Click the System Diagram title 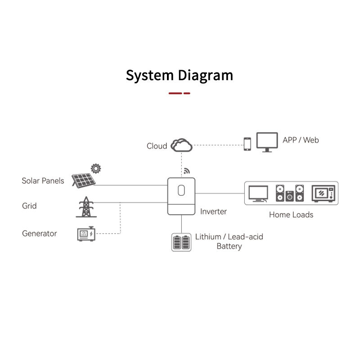click(180, 75)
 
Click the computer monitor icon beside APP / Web click(267, 141)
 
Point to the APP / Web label click(301, 140)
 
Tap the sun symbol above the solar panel click(95, 169)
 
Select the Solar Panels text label click(43, 181)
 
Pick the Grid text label click(29, 206)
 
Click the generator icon click(85, 234)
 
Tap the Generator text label click(40, 234)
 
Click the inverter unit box click(181, 196)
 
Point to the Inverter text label click(213, 211)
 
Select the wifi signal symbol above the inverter click(187, 172)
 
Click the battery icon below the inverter click(181, 242)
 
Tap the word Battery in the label click(229, 246)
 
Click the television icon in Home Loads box click(258, 193)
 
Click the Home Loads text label click(291, 215)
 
